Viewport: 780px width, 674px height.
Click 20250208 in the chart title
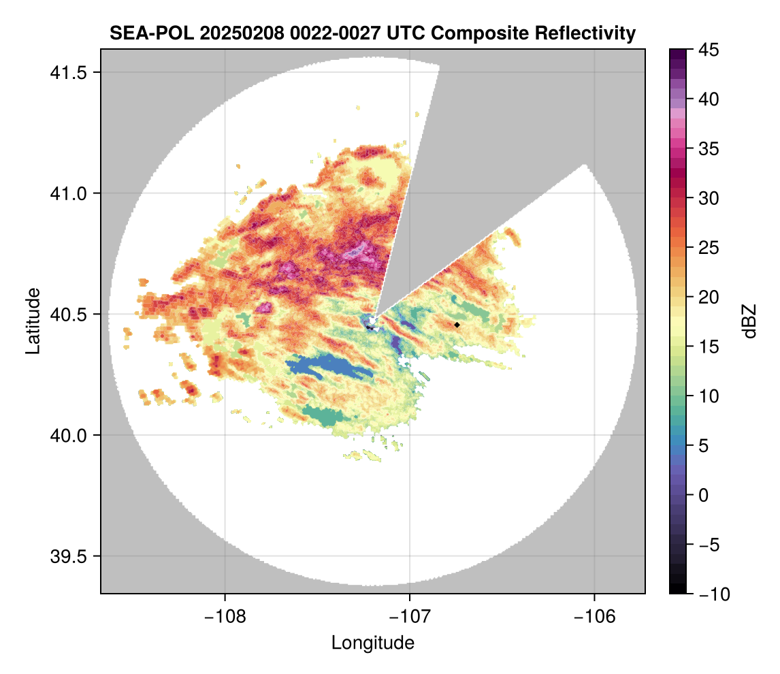point(233,33)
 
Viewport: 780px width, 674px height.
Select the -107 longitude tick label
point(410,616)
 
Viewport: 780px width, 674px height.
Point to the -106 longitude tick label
point(595,616)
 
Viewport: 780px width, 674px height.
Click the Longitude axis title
point(372,642)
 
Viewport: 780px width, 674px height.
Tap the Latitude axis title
point(32,321)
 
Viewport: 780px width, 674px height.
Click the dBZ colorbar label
point(750,321)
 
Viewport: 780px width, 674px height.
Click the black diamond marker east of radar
point(457,325)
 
